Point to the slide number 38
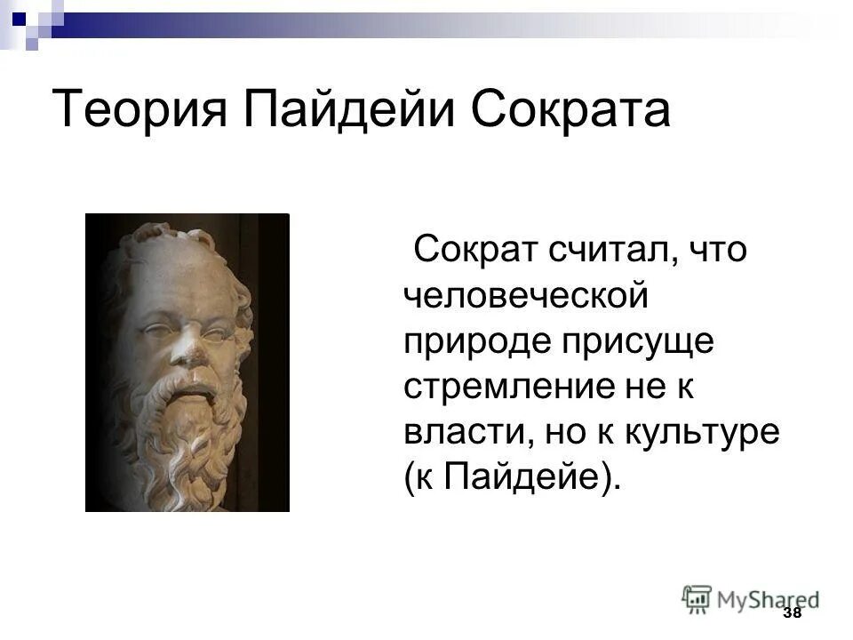coord(793,614)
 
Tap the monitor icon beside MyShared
coord(698,598)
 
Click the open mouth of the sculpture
coord(192,384)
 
